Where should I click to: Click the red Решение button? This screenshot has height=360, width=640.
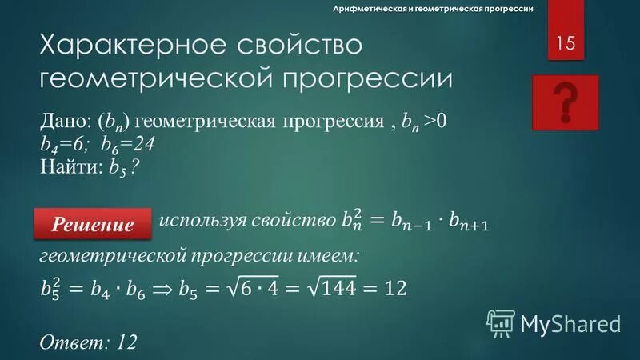(94, 224)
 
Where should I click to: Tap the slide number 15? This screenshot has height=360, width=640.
(566, 43)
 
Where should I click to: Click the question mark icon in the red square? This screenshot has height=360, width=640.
(566, 102)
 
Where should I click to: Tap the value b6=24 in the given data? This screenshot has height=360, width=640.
(127, 145)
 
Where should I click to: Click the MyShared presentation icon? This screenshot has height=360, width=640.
(502, 322)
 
